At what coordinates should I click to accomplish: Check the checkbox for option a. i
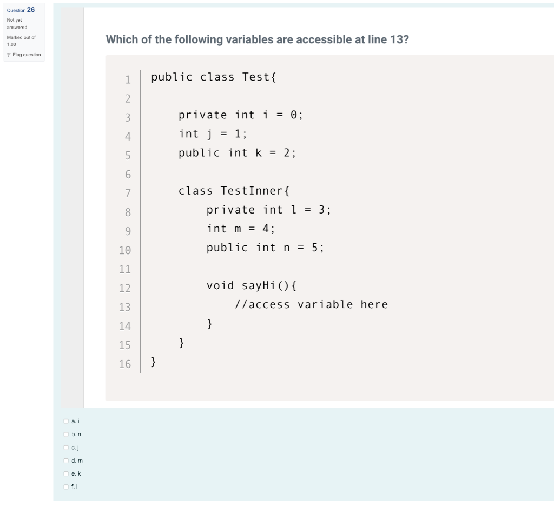(66, 421)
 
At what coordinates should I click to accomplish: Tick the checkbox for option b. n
(66, 434)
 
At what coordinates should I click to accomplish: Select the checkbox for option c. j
(66, 448)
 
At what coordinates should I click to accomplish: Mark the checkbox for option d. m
(66, 461)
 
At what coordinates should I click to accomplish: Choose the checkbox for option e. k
(66, 473)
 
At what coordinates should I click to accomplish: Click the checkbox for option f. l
(66, 487)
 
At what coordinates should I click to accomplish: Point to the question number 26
(30, 10)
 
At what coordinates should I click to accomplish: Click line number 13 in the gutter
(125, 307)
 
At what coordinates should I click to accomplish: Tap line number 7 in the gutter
(128, 194)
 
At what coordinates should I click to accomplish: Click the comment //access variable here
(311, 304)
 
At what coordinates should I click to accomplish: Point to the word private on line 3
(203, 115)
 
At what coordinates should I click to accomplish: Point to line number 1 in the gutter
(128, 80)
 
